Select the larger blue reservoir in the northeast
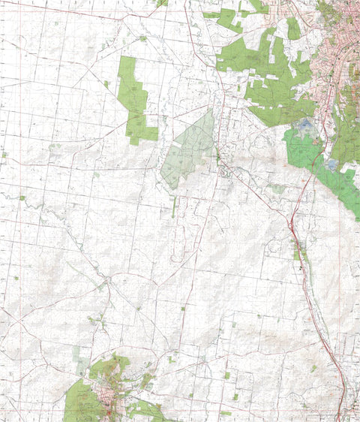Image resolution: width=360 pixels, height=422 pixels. click(x=307, y=128)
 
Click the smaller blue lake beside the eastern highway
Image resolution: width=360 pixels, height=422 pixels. click(x=332, y=163)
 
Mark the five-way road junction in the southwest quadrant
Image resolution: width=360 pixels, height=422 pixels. click(x=109, y=280)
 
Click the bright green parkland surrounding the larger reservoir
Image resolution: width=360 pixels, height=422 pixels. click(x=300, y=150)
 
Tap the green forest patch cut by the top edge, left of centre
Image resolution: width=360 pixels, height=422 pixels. click(x=160, y=2)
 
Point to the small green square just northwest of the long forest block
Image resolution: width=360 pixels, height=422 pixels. click(x=106, y=84)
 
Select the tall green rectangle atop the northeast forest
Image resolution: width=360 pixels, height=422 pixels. click(x=293, y=29)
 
